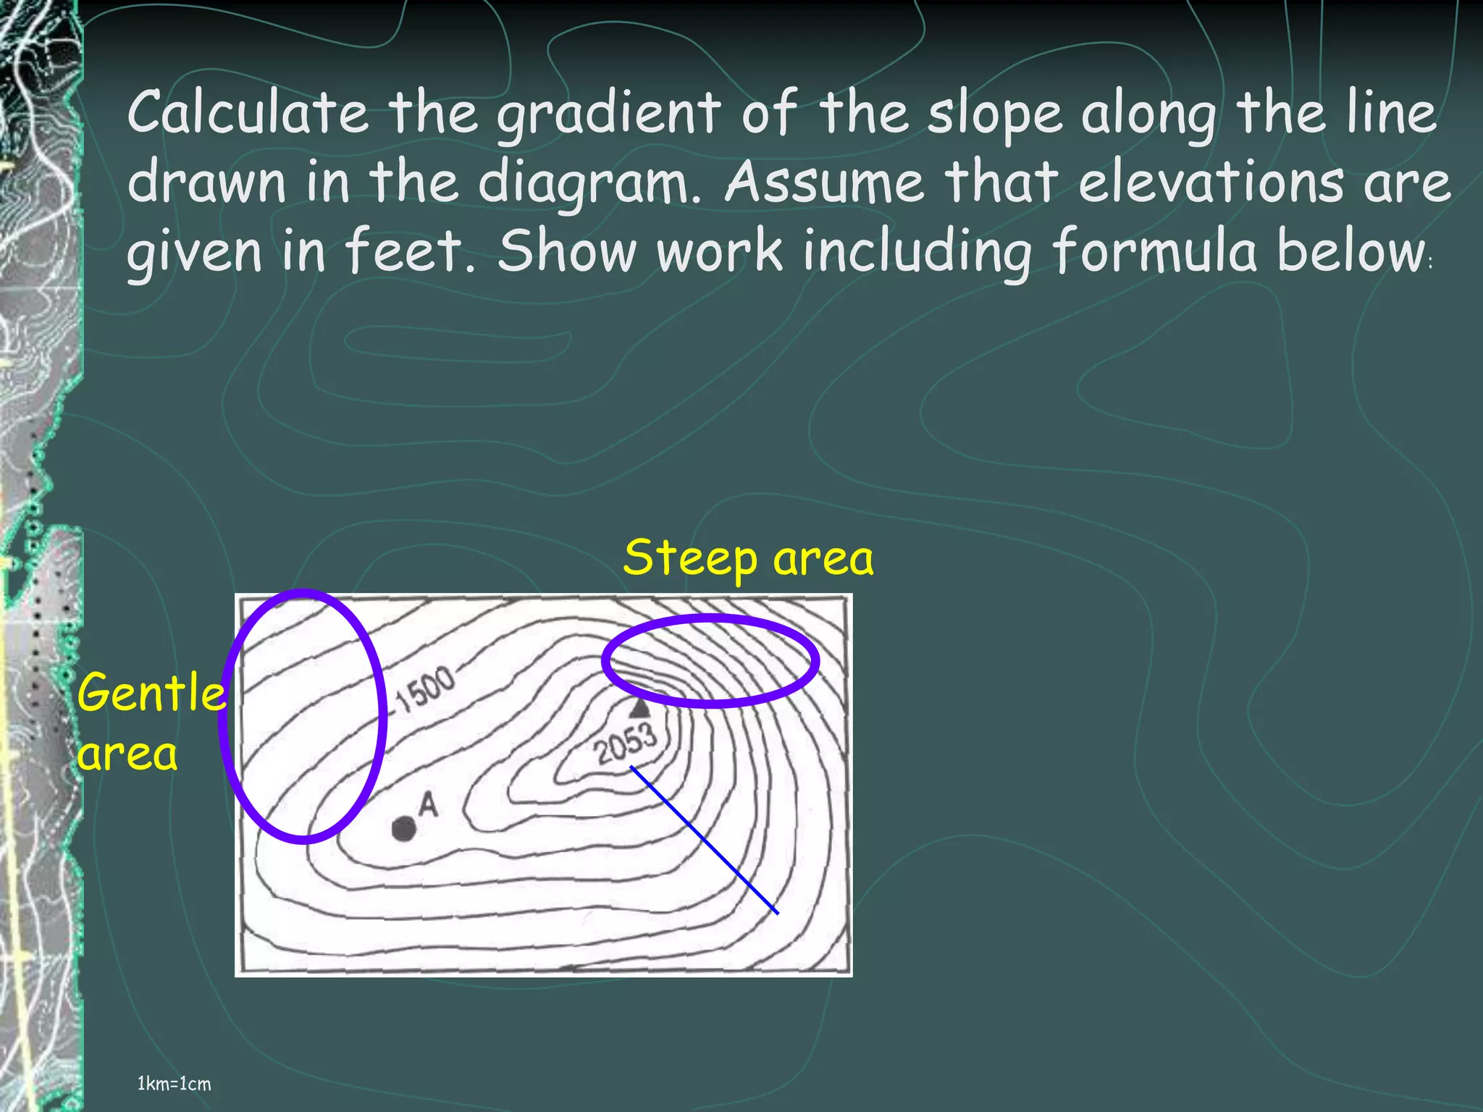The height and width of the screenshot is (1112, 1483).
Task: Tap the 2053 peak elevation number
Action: [626, 744]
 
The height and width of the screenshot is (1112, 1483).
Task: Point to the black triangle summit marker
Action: [639, 708]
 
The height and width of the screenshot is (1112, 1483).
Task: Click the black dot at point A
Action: [403, 828]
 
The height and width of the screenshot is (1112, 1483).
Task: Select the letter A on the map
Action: [429, 804]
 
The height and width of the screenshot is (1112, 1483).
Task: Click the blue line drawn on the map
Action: [704, 840]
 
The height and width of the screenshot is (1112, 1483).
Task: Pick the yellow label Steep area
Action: [748, 559]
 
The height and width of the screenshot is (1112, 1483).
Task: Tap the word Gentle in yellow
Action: [151, 693]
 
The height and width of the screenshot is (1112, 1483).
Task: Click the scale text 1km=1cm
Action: [174, 1084]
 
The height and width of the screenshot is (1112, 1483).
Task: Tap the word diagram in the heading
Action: [585, 182]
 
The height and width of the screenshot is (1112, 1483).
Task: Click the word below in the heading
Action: [1350, 250]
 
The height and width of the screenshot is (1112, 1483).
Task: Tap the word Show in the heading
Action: [567, 250]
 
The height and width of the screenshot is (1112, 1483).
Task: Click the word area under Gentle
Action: [127, 754]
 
